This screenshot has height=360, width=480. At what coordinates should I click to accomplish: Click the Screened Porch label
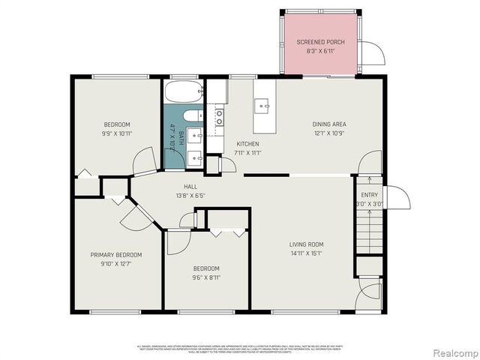click(320, 42)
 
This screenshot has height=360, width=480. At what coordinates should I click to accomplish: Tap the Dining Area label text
click(329, 124)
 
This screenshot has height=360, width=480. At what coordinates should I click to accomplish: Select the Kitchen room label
click(247, 143)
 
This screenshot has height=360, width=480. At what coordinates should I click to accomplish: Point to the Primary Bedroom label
click(116, 255)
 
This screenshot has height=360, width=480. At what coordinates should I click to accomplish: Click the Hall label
click(191, 187)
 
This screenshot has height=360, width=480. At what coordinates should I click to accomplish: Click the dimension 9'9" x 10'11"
click(116, 133)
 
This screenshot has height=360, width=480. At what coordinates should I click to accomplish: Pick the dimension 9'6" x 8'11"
click(206, 277)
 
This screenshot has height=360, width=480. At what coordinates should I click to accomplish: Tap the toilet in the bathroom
click(191, 115)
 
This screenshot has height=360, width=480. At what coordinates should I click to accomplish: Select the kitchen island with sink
click(264, 106)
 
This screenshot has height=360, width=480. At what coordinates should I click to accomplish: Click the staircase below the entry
click(367, 229)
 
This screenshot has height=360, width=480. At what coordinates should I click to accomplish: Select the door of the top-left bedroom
click(144, 161)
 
